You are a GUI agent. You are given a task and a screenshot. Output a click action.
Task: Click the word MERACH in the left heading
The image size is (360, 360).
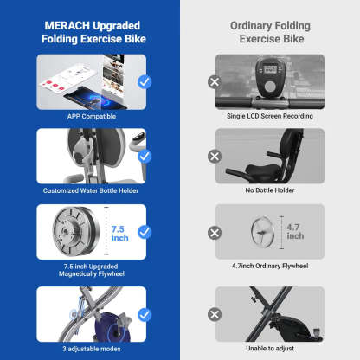[67, 25]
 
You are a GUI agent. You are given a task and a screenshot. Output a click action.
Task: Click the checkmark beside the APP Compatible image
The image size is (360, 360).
[145, 82]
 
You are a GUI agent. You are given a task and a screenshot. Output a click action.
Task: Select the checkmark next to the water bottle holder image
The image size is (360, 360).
[145, 157]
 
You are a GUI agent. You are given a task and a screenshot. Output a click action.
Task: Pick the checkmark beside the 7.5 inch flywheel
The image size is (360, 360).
[145, 232]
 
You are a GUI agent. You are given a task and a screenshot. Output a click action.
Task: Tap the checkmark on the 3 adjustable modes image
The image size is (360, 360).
[145, 315]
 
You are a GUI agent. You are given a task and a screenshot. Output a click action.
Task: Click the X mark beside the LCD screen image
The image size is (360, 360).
[215, 82]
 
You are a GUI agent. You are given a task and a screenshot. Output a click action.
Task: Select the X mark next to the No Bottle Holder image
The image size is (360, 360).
[215, 157]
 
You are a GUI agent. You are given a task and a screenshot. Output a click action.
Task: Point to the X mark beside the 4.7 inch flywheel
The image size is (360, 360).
[215, 233]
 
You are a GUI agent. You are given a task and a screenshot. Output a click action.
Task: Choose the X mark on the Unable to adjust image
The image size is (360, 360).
[215, 314]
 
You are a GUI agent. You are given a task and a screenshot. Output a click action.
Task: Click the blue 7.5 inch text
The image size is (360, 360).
[119, 234]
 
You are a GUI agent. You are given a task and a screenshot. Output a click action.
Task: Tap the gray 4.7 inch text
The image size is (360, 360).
[295, 232]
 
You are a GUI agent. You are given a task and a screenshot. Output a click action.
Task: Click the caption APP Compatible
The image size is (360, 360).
[92, 117]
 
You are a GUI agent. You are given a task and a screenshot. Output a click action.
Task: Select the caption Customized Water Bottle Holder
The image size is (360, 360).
[91, 190]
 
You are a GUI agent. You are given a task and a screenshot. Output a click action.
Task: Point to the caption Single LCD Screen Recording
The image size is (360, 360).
[270, 116]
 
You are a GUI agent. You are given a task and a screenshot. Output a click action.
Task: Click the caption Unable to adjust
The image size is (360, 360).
[270, 349]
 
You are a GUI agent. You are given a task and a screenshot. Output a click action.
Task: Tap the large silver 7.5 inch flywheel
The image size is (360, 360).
[76, 231]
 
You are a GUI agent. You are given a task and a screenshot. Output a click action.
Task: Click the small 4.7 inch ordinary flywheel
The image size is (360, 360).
[262, 232]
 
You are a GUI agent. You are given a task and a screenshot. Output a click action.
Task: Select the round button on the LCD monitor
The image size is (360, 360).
[270, 87]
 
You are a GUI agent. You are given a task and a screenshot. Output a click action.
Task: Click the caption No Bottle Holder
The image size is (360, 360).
[270, 190]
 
